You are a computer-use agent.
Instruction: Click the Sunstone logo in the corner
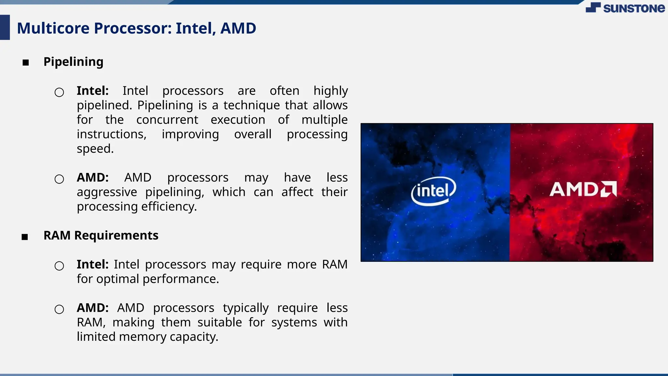[x=625, y=8]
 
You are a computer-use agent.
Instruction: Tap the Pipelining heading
[x=73, y=62]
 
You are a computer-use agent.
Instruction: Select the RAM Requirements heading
[x=101, y=235]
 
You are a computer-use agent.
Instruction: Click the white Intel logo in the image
[x=433, y=191]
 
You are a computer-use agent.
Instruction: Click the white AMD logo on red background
[x=583, y=189]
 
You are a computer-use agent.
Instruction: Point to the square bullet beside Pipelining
[x=26, y=62]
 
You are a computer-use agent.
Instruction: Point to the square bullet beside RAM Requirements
[x=25, y=237]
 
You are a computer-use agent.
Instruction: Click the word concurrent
[x=167, y=119]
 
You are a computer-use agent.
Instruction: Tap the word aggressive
[x=107, y=192]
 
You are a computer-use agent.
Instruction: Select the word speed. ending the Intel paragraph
[x=95, y=149]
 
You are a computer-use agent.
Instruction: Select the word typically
[x=246, y=308]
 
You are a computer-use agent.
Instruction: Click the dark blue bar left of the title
[x=5, y=27]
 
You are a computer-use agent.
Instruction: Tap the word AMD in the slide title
[x=238, y=28]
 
